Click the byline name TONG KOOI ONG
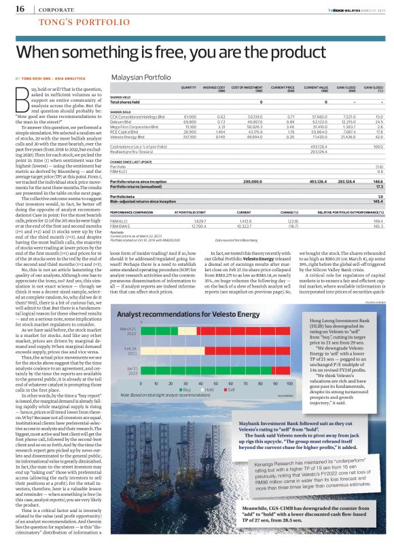(x=39, y=79)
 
